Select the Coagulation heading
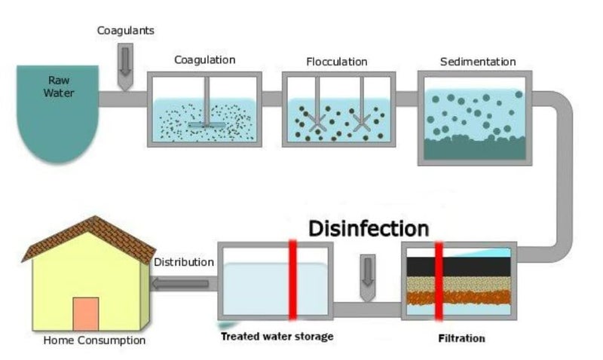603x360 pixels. pos(205,59)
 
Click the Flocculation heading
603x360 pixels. pos(337,61)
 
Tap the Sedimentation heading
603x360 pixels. pos(477,61)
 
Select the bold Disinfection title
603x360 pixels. pos(369,228)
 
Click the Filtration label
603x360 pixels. pos(461,338)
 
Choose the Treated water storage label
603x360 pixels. pos(277,336)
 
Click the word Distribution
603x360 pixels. pos(184,263)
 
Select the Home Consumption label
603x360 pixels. pos(94,340)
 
